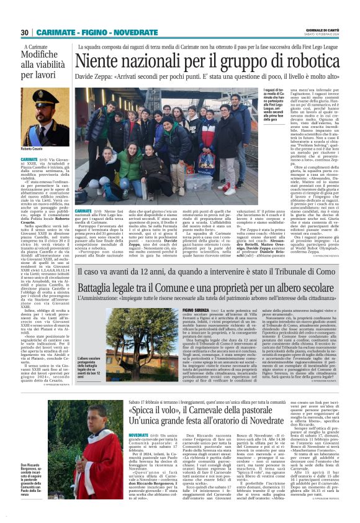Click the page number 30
pyautogui.click(x=25, y=32)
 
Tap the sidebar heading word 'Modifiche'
pyautogui.click(x=44, y=55)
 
